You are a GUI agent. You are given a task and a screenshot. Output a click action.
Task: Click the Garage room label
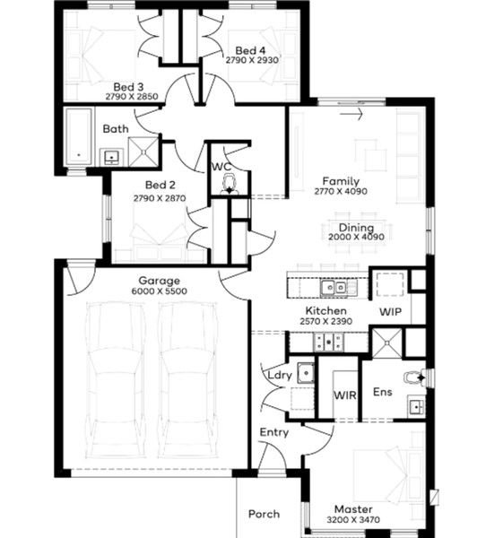[x=160, y=281]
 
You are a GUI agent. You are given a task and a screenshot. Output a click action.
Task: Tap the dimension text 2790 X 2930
[x=252, y=60]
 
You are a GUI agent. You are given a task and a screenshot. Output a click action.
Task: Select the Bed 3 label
[x=128, y=87]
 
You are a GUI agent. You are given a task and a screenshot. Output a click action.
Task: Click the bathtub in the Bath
[x=79, y=136]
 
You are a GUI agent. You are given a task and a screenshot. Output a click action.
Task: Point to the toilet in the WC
[x=229, y=184]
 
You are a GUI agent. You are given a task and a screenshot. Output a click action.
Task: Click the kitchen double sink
[x=334, y=287]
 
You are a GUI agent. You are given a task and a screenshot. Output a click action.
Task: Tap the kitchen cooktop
[x=329, y=342]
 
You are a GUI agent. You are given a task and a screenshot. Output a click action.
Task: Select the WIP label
[x=391, y=312]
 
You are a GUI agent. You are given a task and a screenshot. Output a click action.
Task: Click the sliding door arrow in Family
[x=351, y=114]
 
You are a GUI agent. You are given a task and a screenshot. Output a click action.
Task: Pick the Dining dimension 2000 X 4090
[x=356, y=237]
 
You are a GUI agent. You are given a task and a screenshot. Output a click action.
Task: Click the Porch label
[x=264, y=514]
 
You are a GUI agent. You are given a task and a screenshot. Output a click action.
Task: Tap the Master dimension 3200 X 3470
[x=353, y=520]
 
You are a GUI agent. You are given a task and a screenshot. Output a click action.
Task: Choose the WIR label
[x=345, y=395]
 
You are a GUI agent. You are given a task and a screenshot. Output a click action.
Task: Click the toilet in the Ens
[x=414, y=378]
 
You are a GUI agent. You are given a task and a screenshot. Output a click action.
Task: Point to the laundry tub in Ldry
[x=306, y=373]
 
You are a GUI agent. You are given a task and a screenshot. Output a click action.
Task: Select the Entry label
[x=273, y=433]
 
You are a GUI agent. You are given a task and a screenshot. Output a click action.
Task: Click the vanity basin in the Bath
[x=111, y=157]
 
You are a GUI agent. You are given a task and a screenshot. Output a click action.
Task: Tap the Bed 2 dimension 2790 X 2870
[x=160, y=198]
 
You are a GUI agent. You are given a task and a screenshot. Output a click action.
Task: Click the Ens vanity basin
[x=417, y=407]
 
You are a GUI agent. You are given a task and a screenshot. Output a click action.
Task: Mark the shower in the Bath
[x=143, y=152]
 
